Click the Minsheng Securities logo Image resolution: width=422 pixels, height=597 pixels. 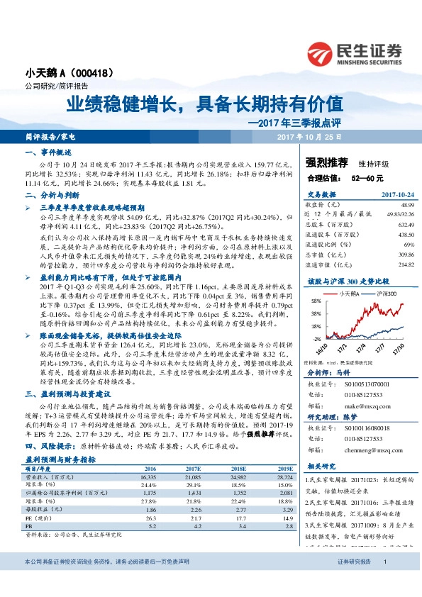tap(355, 53)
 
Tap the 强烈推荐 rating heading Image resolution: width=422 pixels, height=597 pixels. tap(325, 164)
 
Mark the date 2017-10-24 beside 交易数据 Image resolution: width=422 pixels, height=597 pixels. tap(394, 193)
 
